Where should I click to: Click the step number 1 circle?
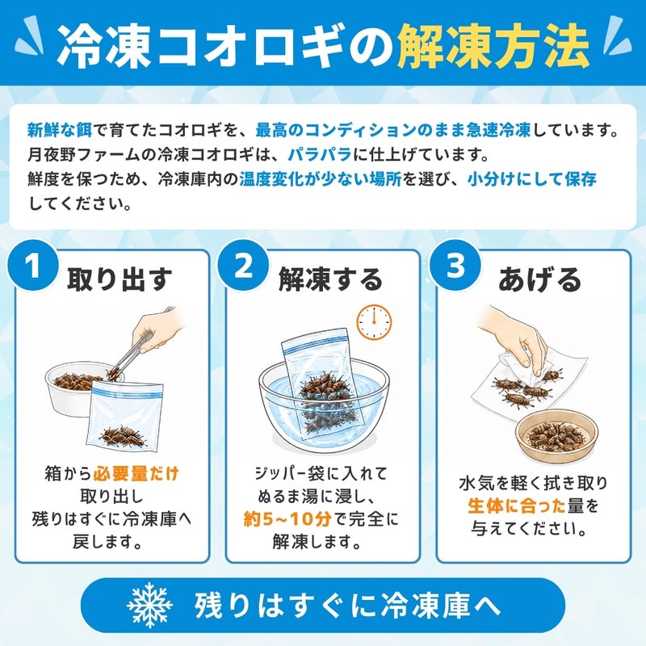tap(32, 266)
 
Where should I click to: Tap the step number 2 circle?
tap(244, 266)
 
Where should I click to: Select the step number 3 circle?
tap(455, 266)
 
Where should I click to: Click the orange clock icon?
tap(374, 322)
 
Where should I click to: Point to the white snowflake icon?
tap(149, 605)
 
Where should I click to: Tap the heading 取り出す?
tap(120, 279)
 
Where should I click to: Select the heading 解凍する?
tap(331, 279)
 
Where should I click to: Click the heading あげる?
tap(539, 279)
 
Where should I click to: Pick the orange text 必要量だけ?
tap(136, 473)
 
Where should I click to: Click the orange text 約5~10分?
tap(287, 519)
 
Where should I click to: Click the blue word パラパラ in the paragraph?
tap(320, 155)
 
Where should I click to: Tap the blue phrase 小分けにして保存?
tap(532, 179)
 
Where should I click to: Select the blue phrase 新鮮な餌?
tap(60, 130)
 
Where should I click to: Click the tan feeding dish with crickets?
tap(556, 434)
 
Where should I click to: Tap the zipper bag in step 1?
tap(125, 415)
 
